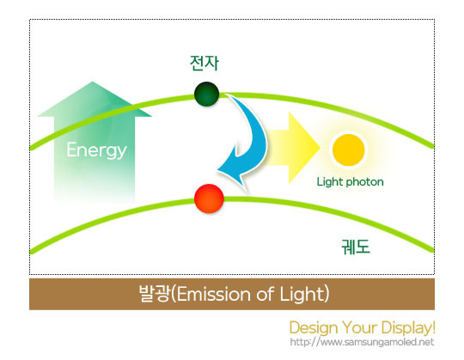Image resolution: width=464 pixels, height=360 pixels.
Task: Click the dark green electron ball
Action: click(206, 94)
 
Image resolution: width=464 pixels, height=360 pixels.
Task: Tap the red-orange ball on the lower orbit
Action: click(209, 198)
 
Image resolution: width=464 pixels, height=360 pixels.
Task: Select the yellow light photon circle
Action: click(348, 150)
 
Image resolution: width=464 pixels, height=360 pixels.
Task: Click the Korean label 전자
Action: click(205, 63)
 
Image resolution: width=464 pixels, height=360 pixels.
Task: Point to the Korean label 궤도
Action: click(356, 247)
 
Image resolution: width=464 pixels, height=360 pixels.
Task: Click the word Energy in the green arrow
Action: click(96, 150)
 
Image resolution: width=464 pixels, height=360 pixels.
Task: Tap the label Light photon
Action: click(350, 181)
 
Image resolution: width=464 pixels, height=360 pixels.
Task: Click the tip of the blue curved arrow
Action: click(218, 171)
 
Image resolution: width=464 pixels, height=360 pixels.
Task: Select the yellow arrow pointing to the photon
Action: click(291, 148)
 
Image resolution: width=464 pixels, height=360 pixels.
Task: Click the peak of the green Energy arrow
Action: click(92, 82)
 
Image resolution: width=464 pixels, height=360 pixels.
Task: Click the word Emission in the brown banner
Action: click(214, 295)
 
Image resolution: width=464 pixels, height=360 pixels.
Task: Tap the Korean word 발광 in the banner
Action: click(155, 294)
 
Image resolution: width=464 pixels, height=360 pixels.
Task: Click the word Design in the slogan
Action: click(314, 328)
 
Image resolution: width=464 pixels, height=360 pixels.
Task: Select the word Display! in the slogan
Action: click(408, 327)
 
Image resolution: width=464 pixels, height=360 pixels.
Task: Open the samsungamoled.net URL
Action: click(362, 342)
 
